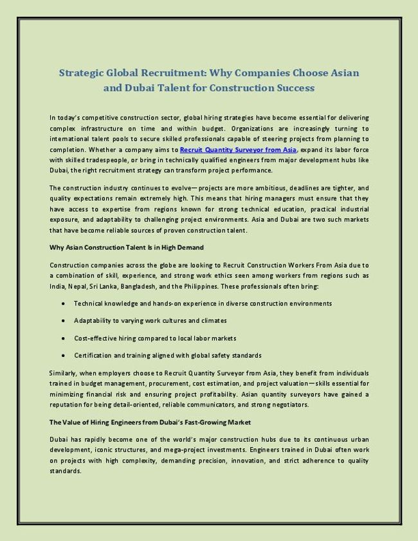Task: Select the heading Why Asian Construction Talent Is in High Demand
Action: point(127,248)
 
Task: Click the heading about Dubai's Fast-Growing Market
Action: point(150,422)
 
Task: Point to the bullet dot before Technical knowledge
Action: point(63,303)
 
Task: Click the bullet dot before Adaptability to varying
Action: point(63,320)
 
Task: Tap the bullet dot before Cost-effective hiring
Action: point(63,338)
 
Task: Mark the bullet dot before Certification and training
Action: point(63,355)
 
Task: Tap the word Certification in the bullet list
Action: point(93,355)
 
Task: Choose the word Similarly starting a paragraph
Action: point(64,373)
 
